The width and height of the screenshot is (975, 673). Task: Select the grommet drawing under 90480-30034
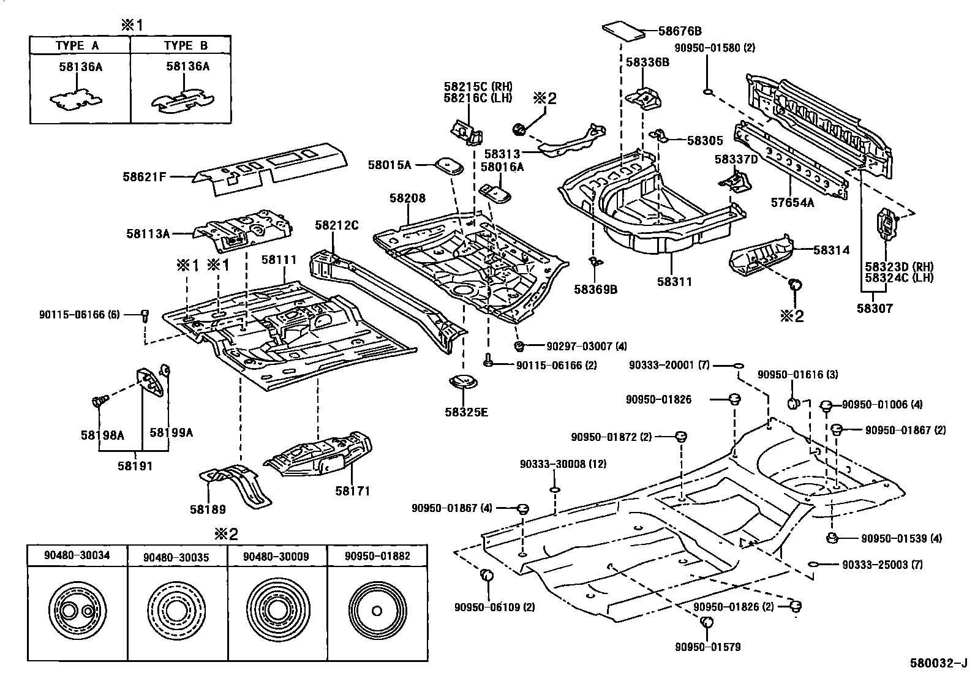pyautogui.click(x=77, y=611)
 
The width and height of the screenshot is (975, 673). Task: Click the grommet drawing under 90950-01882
pyautogui.click(x=376, y=611)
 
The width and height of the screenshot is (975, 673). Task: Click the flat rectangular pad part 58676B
pyautogui.click(x=624, y=31)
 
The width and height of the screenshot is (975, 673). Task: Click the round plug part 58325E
pyautogui.click(x=463, y=384)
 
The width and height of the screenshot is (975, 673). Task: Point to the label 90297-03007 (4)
pyautogui.click(x=578, y=347)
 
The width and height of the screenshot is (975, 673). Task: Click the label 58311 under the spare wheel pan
pyautogui.click(x=674, y=282)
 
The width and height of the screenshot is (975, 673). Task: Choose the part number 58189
pyautogui.click(x=208, y=509)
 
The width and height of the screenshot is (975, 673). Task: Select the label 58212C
pyautogui.click(x=336, y=225)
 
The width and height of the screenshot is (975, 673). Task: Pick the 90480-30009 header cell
pyautogui.click(x=276, y=556)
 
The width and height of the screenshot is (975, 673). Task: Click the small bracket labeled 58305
pyautogui.click(x=657, y=135)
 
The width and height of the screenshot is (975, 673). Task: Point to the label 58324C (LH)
pyautogui.click(x=899, y=278)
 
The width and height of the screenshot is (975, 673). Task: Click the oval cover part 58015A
pyautogui.click(x=448, y=165)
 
